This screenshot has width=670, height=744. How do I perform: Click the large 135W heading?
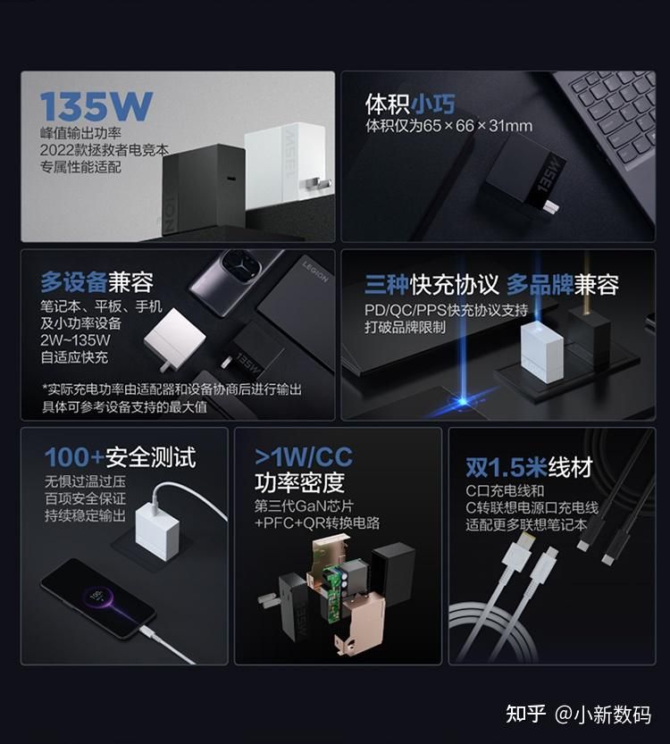click(x=96, y=105)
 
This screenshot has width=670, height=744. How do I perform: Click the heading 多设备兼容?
click(x=96, y=283)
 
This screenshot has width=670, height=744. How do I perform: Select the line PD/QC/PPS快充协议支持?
click(x=446, y=310)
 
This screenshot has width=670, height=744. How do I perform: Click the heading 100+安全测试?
click(x=120, y=458)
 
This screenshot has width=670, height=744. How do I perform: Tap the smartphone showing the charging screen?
click(x=97, y=599)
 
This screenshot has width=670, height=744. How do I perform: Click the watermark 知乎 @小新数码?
click(x=578, y=714)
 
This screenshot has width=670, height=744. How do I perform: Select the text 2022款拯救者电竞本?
click(x=104, y=149)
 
